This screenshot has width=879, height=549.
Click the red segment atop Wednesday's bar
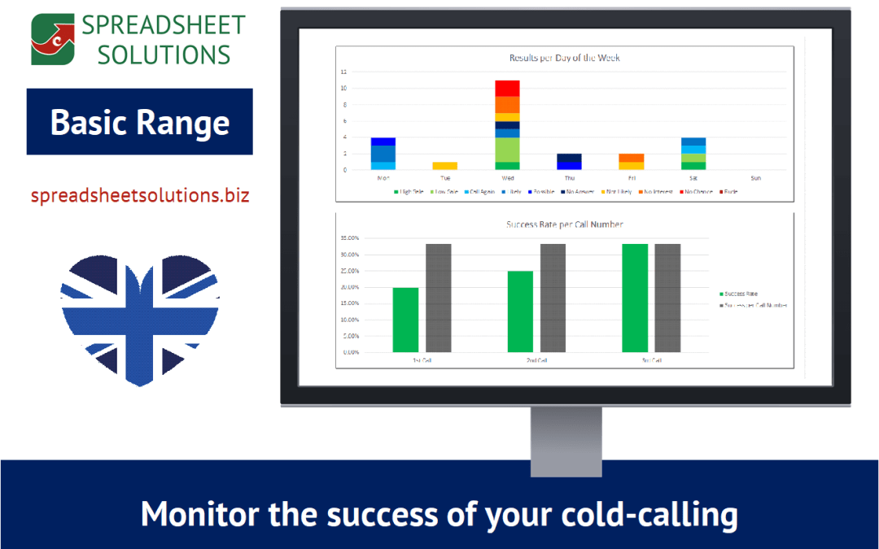pos(507,88)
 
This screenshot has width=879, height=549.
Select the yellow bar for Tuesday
pos(444,165)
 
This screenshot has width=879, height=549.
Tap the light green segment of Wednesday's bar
pos(507,150)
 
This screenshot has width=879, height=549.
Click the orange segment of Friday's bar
pos(632,158)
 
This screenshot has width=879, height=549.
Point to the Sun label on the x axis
pos(755,177)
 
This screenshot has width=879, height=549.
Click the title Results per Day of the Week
pos(564,58)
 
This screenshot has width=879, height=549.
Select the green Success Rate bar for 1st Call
pos(405,320)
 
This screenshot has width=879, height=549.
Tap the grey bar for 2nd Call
pos(553,298)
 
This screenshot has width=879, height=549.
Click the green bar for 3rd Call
pos(635,298)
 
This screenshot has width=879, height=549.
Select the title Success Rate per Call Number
pos(564,224)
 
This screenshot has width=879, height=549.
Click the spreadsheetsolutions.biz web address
pos(140,195)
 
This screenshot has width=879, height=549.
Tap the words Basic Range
pos(140,122)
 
